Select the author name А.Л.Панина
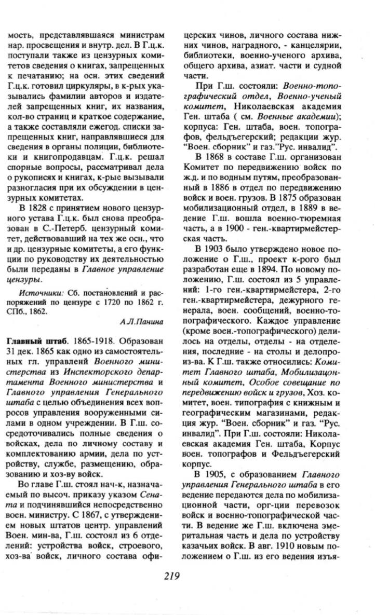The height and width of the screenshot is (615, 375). click(x=149, y=322)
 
